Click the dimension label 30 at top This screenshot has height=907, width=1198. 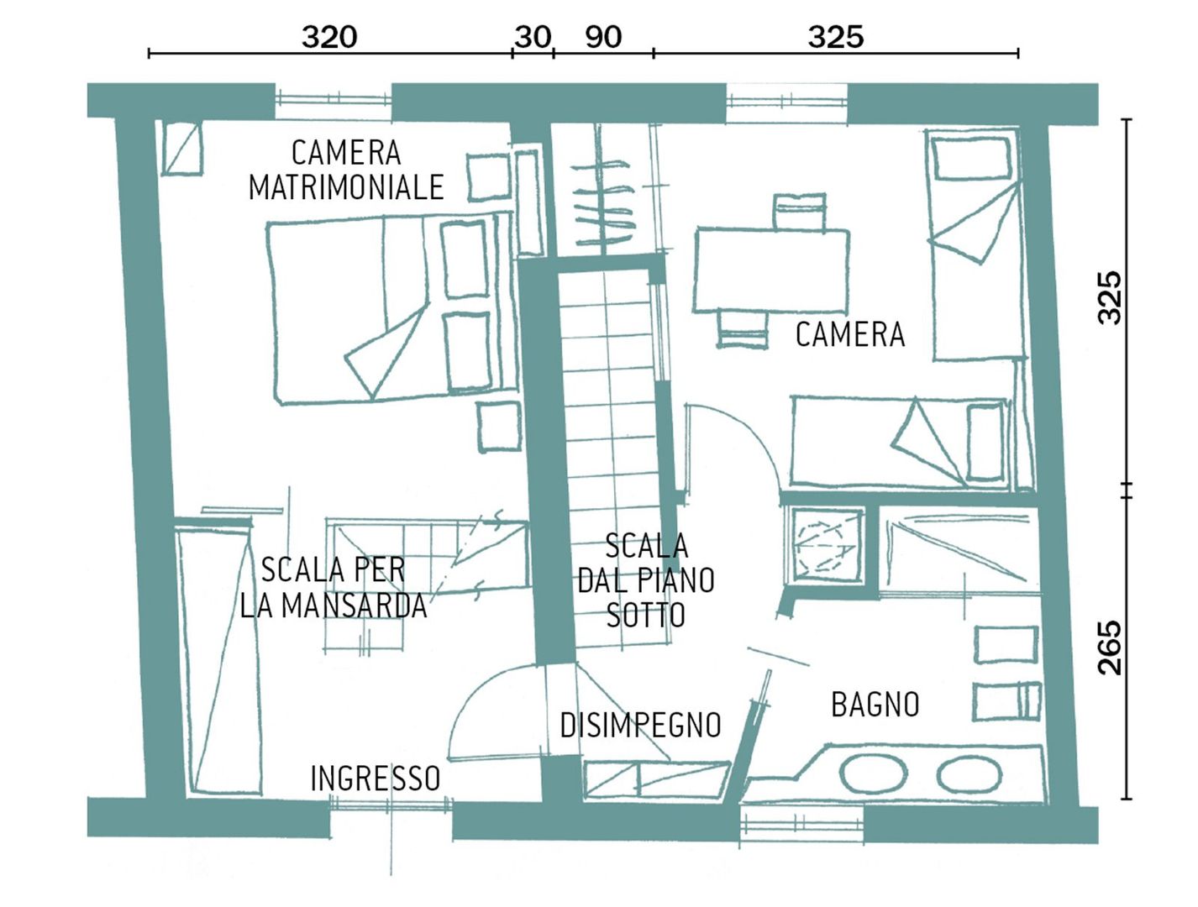pos(532,37)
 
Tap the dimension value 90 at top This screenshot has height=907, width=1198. pos(603,37)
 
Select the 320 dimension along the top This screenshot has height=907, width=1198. pos(329,37)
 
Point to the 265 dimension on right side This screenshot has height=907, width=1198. pos(1110,647)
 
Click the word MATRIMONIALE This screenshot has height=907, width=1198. pos(346,187)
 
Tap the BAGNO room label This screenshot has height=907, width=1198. pos(875,705)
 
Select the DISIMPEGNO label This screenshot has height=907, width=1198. pos(640,725)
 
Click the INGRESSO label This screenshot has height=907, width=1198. pos(375,779)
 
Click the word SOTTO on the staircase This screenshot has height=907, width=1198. pos(645,616)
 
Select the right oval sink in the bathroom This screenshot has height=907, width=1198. pos(969,775)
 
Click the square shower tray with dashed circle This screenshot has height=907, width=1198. pos(824,545)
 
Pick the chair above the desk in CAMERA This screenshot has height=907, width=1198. pos(799,211)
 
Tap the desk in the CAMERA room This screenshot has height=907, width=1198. pos(770,270)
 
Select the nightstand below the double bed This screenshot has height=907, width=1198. pos(499,427)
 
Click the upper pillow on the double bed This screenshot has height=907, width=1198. pos(465,259)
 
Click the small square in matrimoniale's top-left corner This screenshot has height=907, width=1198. pos(181,148)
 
